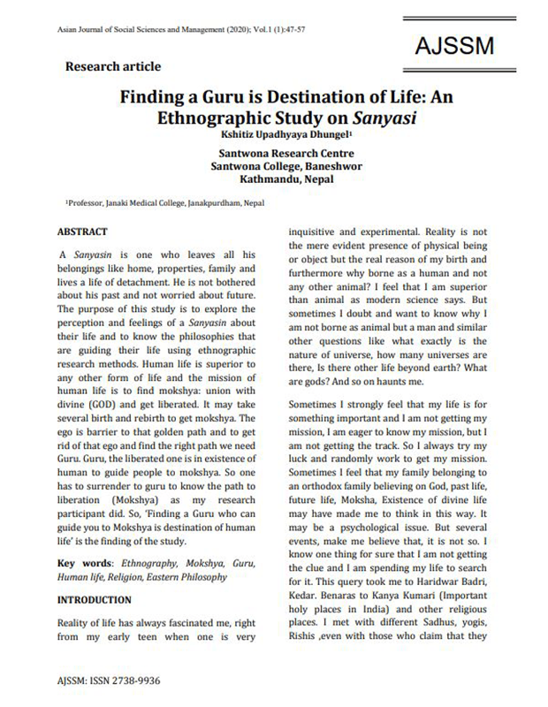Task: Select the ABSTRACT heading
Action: pyautogui.click(x=82, y=231)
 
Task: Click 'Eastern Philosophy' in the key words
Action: pyautogui.click(x=186, y=577)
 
